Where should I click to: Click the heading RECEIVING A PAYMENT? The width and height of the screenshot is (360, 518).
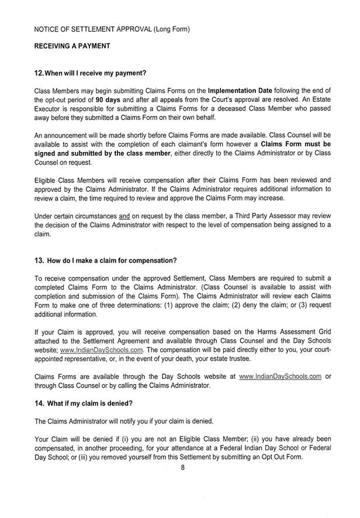coord(72,44)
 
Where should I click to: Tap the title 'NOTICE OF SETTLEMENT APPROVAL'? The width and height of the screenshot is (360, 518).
coord(93,29)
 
